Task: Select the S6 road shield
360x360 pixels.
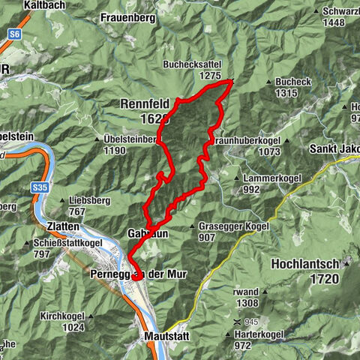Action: (x=15, y=34)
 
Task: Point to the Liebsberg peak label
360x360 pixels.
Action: (x=89, y=201)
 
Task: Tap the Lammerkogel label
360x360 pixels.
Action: (x=268, y=178)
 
